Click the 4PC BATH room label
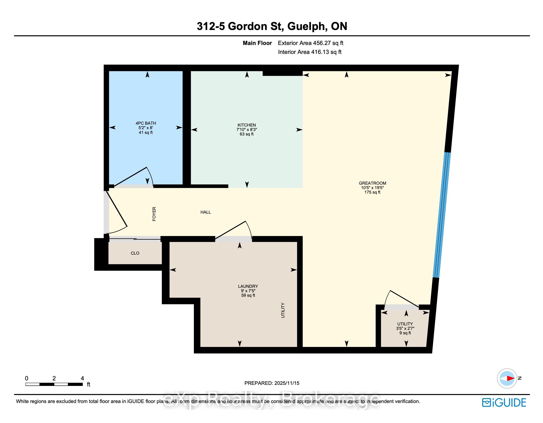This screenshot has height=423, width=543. (146, 123)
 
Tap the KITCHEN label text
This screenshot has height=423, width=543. (247, 125)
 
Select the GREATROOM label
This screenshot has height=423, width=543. (373, 183)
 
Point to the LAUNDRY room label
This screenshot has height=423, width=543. (248, 286)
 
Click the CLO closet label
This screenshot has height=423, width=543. (135, 253)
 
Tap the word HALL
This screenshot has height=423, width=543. (206, 212)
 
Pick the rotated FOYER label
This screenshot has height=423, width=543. (154, 214)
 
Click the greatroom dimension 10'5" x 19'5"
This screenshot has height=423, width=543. (373, 188)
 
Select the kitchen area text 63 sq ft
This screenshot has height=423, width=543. (247, 134)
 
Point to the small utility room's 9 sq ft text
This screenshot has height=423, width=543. (405, 333)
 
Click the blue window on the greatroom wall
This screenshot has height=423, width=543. (442, 215)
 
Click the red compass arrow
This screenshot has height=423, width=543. (510, 378)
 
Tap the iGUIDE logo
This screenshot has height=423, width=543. (504, 403)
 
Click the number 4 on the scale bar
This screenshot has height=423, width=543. (82, 378)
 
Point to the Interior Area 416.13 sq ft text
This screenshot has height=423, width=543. (310, 52)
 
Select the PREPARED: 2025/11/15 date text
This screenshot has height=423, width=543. (272, 383)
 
